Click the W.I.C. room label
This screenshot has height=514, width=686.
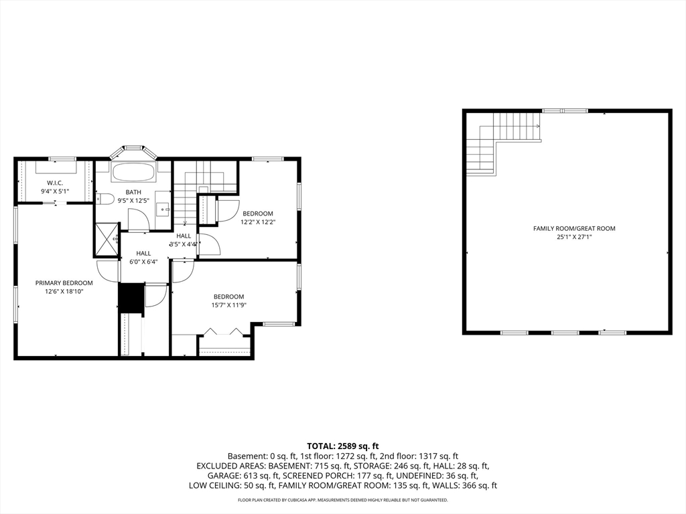pyautogui.click(x=55, y=183)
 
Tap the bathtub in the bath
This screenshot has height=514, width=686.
pyautogui.click(x=133, y=172)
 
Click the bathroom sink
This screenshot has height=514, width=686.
pyautogui.click(x=165, y=209)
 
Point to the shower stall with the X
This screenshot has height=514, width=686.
pyautogui.click(x=107, y=239)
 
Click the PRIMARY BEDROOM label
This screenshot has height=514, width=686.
pyautogui.click(x=64, y=283)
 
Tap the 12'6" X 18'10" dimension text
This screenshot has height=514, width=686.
pyautogui.click(x=64, y=292)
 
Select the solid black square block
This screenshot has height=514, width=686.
pyautogui.click(x=132, y=298)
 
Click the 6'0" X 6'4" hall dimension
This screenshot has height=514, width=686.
pyautogui.click(x=143, y=262)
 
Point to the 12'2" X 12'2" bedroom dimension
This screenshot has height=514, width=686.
pyautogui.click(x=258, y=222)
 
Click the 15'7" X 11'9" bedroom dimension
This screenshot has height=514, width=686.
pyautogui.click(x=229, y=305)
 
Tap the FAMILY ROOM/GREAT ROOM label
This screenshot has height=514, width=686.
pyautogui.click(x=574, y=228)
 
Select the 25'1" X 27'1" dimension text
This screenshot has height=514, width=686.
pyautogui.click(x=574, y=237)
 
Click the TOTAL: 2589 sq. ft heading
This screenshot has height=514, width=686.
pyautogui.click(x=343, y=446)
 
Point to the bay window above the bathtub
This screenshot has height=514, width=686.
pyautogui.click(x=133, y=151)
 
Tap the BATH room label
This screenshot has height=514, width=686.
pyautogui.click(x=133, y=192)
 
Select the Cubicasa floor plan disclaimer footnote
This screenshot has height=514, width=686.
pyautogui.click(x=343, y=499)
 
